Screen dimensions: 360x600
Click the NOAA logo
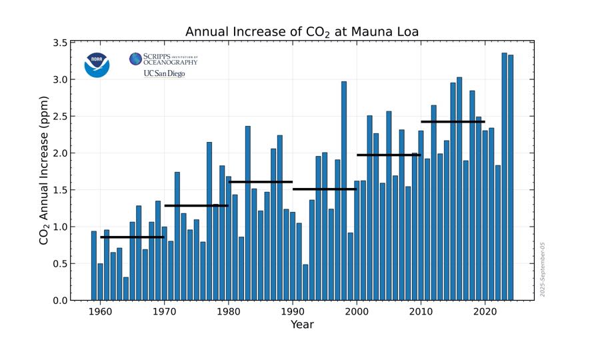coord(97,65)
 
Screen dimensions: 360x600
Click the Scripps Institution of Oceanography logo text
coord(164,59)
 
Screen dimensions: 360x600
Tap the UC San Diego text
coord(164,73)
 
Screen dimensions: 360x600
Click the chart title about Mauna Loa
coord(301,32)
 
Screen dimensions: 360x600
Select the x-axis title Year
coord(302,325)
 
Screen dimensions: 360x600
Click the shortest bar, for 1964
coord(126,289)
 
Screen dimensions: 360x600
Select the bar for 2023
coord(498,233)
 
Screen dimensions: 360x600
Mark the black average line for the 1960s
coord(132,237)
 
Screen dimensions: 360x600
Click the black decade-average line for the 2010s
coord(453,121)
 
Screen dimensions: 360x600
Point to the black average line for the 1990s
coord(325,189)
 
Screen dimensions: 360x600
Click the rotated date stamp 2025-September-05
coord(543,269)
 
